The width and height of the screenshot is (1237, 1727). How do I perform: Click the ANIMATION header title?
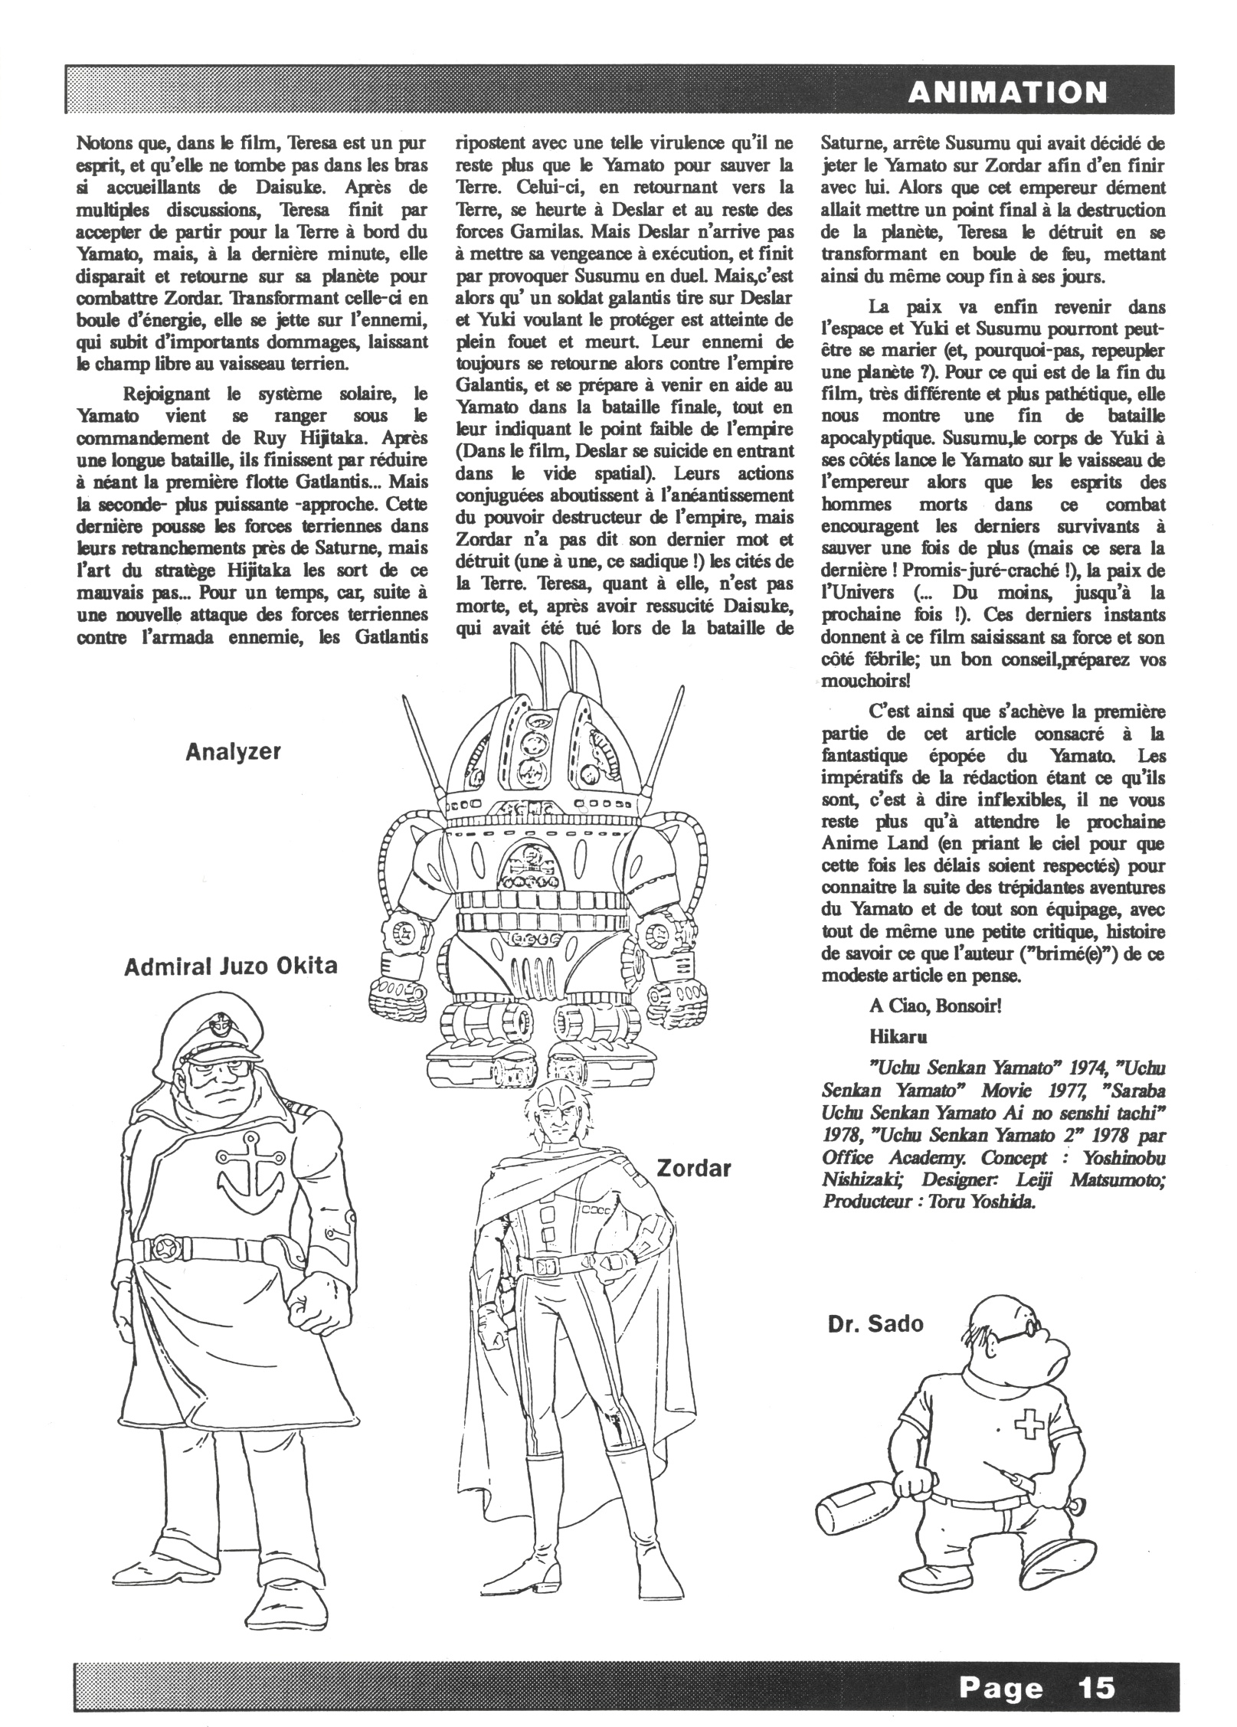(x=1006, y=92)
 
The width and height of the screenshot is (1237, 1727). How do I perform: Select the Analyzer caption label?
(x=233, y=751)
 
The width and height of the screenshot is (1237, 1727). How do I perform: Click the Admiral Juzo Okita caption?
(x=230, y=966)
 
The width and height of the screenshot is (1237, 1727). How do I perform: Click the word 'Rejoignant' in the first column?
(x=168, y=394)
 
